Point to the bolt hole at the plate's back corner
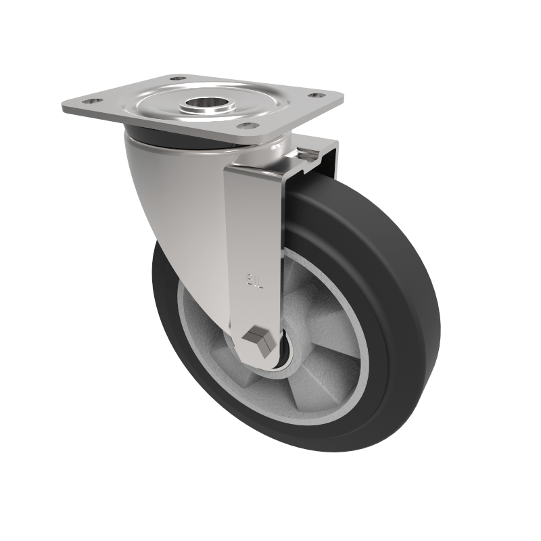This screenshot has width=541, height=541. (178, 78)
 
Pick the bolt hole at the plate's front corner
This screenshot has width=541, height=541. (248, 126)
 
